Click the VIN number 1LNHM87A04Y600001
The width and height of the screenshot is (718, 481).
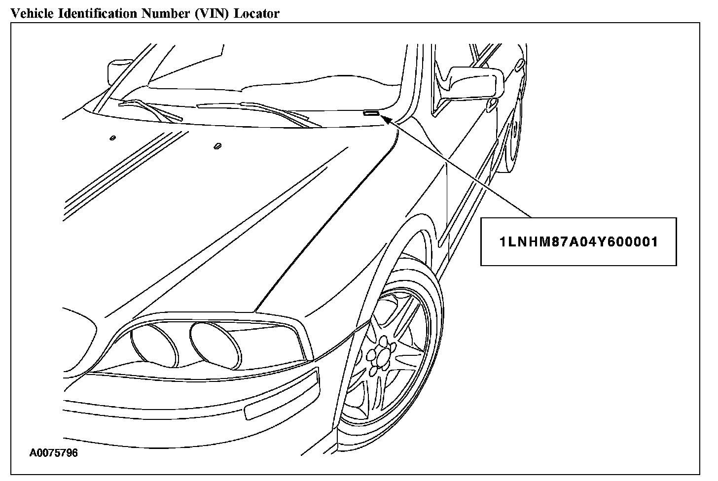pyautogui.click(x=578, y=242)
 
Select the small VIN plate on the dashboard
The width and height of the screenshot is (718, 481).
pyautogui.click(x=371, y=113)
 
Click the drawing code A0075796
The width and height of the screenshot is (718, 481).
pyautogui.click(x=54, y=453)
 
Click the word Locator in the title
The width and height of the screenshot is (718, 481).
pyautogui.click(x=256, y=13)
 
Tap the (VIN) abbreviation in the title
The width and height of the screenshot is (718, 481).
pyautogui.click(x=215, y=13)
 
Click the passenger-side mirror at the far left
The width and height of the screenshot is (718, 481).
pyautogui.click(x=117, y=71)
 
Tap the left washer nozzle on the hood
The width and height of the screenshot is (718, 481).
pyautogui.click(x=113, y=137)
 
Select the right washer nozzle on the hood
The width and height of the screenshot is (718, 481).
pyautogui.click(x=218, y=146)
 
